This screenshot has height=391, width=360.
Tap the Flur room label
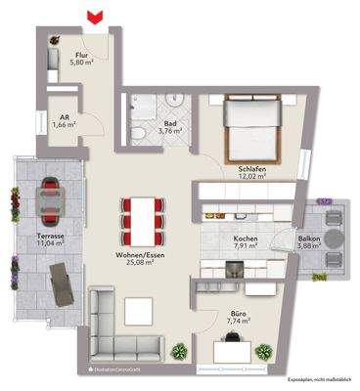click(x=80, y=57)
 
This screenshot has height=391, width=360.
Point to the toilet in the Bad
click(x=140, y=133)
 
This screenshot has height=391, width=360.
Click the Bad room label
click(x=169, y=124)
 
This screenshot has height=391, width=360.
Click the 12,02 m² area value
click(x=252, y=178)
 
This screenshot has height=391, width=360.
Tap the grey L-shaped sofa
click(x=110, y=326)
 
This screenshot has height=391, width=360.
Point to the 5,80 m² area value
click(x=80, y=65)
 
